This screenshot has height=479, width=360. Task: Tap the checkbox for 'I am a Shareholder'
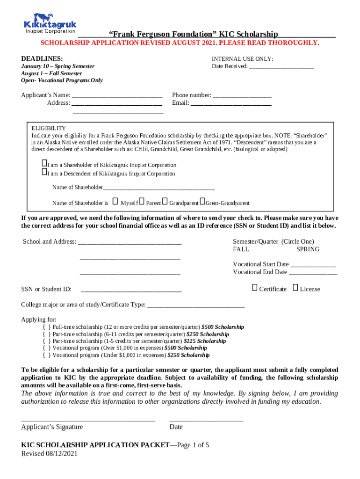(44, 163)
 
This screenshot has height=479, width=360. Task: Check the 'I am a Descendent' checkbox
(44, 172)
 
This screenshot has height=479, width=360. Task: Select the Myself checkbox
(115, 202)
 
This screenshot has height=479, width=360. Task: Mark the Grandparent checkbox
(165, 202)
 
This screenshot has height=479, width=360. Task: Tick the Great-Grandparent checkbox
(202, 202)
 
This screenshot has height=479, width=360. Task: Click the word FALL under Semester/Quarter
(241, 249)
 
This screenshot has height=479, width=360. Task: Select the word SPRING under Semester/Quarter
(308, 249)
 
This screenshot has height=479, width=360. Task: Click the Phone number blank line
(242, 96)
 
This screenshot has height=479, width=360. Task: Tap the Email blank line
(231, 104)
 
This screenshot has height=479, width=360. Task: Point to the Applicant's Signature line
(88, 420)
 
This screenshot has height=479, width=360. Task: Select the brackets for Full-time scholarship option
(46, 327)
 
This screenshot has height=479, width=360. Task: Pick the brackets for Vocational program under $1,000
(46, 355)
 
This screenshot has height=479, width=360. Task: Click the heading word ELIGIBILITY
(49, 128)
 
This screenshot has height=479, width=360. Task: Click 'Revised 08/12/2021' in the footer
(49, 454)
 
